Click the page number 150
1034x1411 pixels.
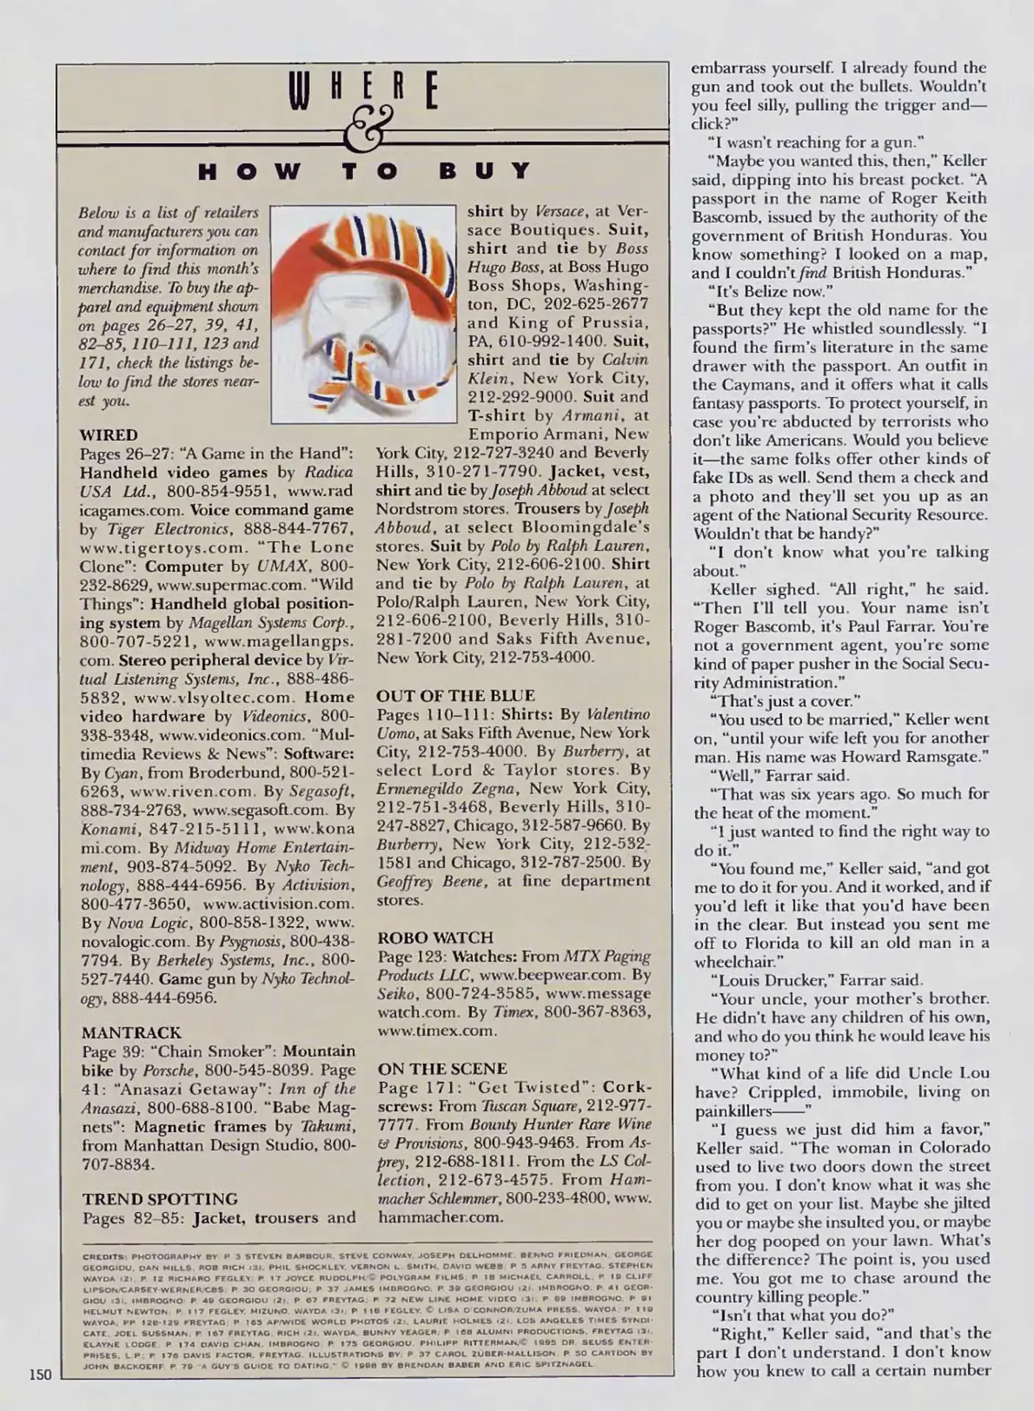pyautogui.click(x=41, y=1374)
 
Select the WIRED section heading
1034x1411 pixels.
pyautogui.click(x=108, y=434)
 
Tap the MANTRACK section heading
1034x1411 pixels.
pyautogui.click(x=131, y=1033)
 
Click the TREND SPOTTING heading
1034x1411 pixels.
pyautogui.click(x=160, y=1199)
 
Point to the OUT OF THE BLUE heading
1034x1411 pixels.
pyautogui.click(x=455, y=695)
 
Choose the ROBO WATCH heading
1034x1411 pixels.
pyautogui.click(x=435, y=938)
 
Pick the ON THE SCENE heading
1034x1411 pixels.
pyautogui.click(x=442, y=1069)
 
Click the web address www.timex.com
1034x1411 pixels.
pyautogui.click(x=437, y=1030)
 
